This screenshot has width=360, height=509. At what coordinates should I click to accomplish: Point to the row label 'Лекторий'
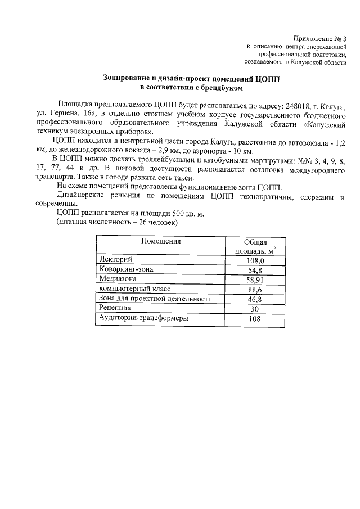(115, 260)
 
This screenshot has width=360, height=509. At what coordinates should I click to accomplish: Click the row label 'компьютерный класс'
(134, 289)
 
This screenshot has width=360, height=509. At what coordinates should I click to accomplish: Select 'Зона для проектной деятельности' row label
(155, 299)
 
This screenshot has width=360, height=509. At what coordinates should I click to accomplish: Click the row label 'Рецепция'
(115, 308)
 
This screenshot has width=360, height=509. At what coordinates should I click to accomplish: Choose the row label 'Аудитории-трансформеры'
(143, 318)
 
